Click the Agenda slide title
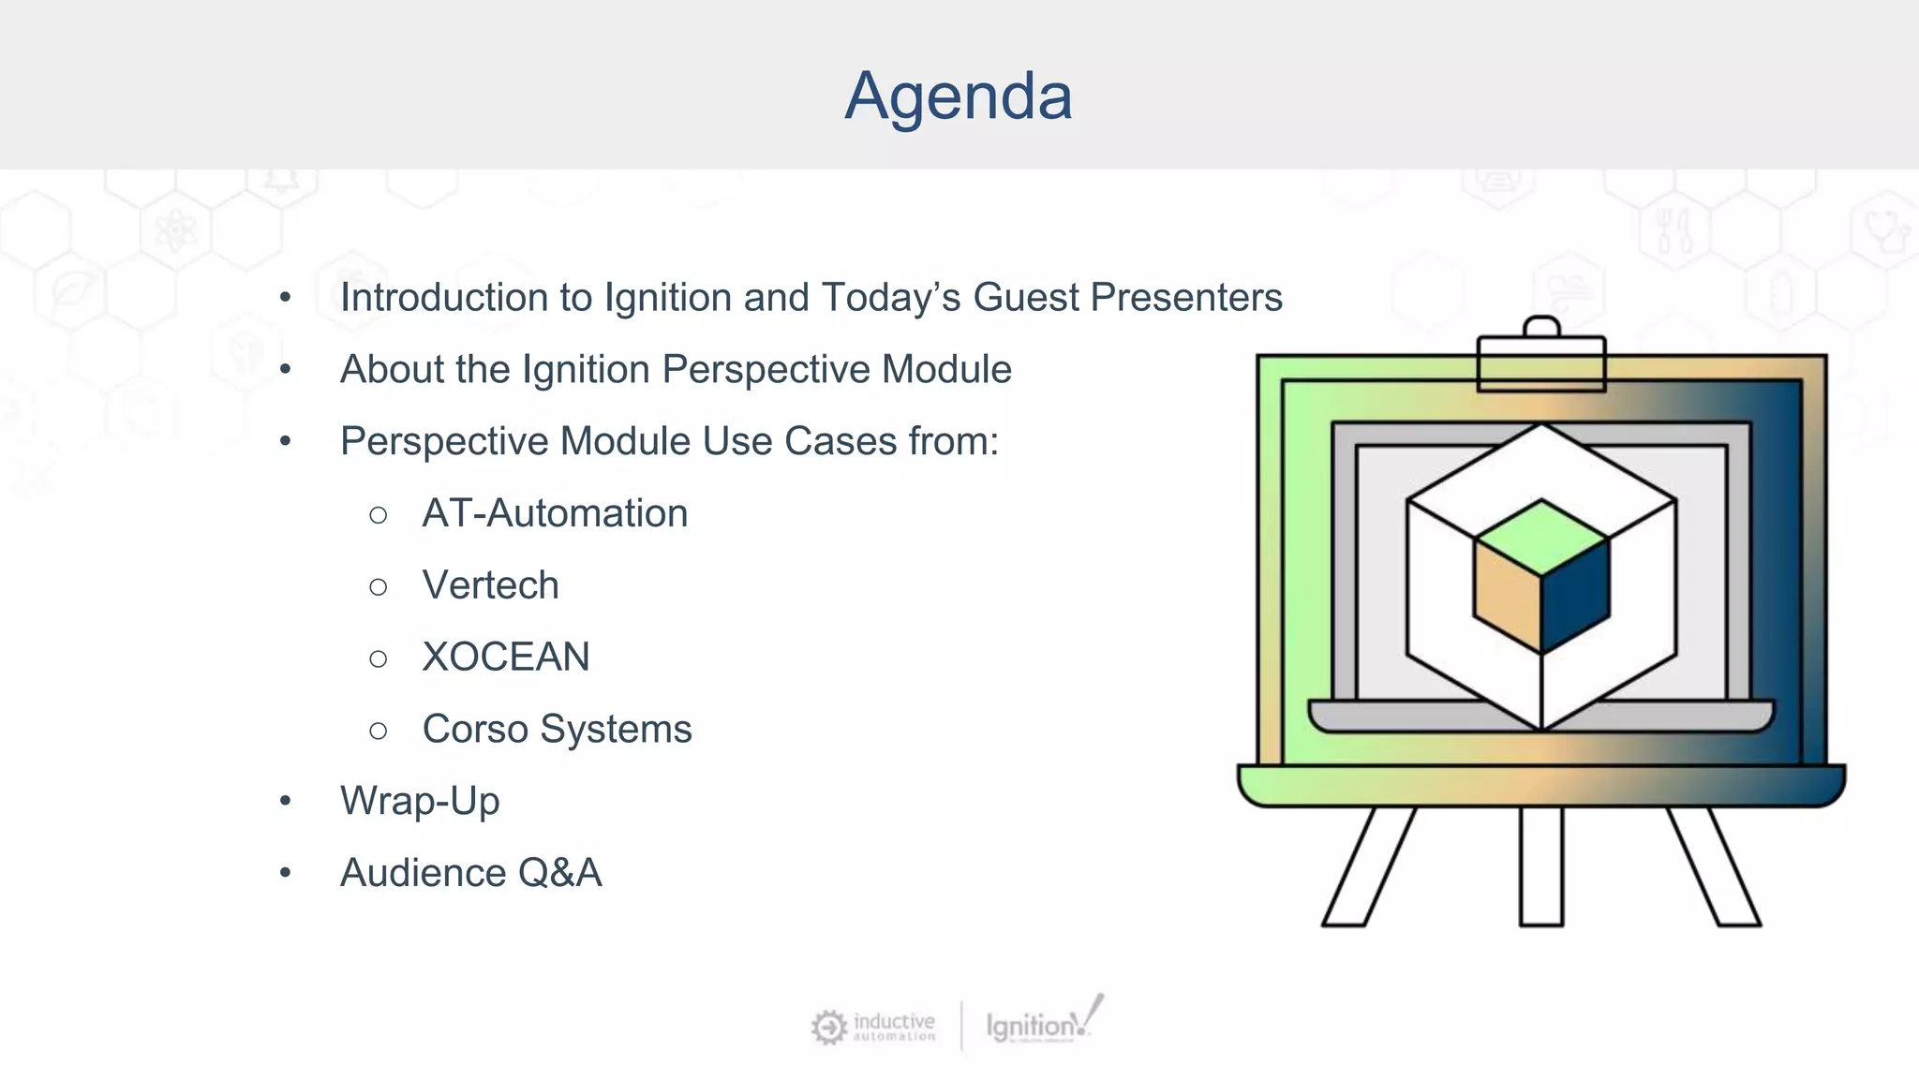pyautogui.click(x=958, y=96)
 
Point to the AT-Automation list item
pyautogui.click(x=555, y=513)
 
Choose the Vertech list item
pyautogui.click(x=490, y=585)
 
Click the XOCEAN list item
pyautogui.click(x=506, y=657)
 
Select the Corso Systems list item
pyautogui.click(x=557, y=729)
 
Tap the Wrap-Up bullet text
pyautogui.click(x=420, y=801)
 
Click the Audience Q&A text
pyautogui.click(x=470, y=873)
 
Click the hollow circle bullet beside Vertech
pyautogui.click(x=379, y=587)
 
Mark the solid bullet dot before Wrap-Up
pyautogui.click(x=286, y=802)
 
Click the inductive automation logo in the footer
pyautogui.click(x=873, y=1027)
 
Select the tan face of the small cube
pyautogui.click(x=1507, y=596)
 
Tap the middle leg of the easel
pyautogui.click(x=1541, y=866)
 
